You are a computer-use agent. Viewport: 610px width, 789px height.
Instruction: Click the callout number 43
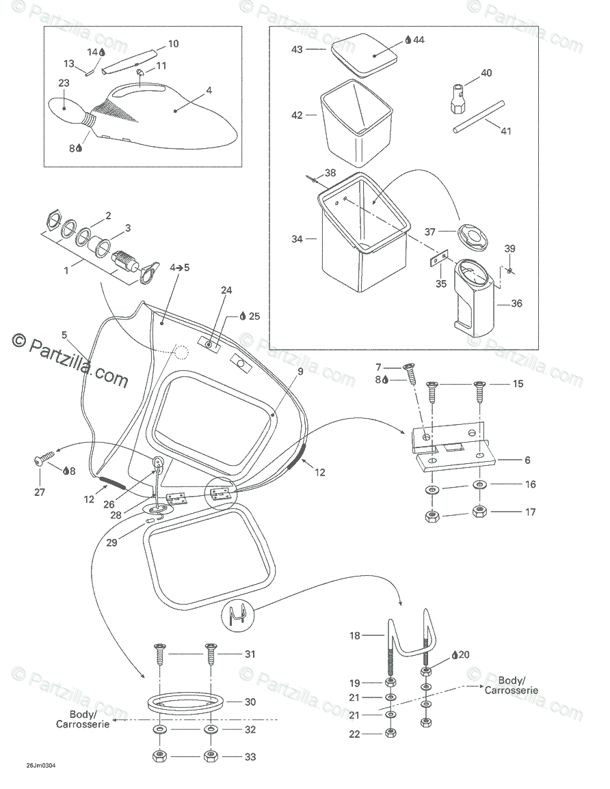[297, 49]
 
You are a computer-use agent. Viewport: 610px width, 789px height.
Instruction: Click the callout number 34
[297, 239]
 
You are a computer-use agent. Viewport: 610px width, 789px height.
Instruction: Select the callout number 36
[516, 303]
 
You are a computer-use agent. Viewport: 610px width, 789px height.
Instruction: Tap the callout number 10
[173, 44]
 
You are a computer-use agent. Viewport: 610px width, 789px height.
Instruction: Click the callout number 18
[354, 635]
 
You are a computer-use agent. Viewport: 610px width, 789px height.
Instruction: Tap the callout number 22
[354, 734]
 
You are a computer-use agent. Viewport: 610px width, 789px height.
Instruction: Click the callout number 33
[250, 756]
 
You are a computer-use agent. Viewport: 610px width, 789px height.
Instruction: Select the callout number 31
[250, 654]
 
